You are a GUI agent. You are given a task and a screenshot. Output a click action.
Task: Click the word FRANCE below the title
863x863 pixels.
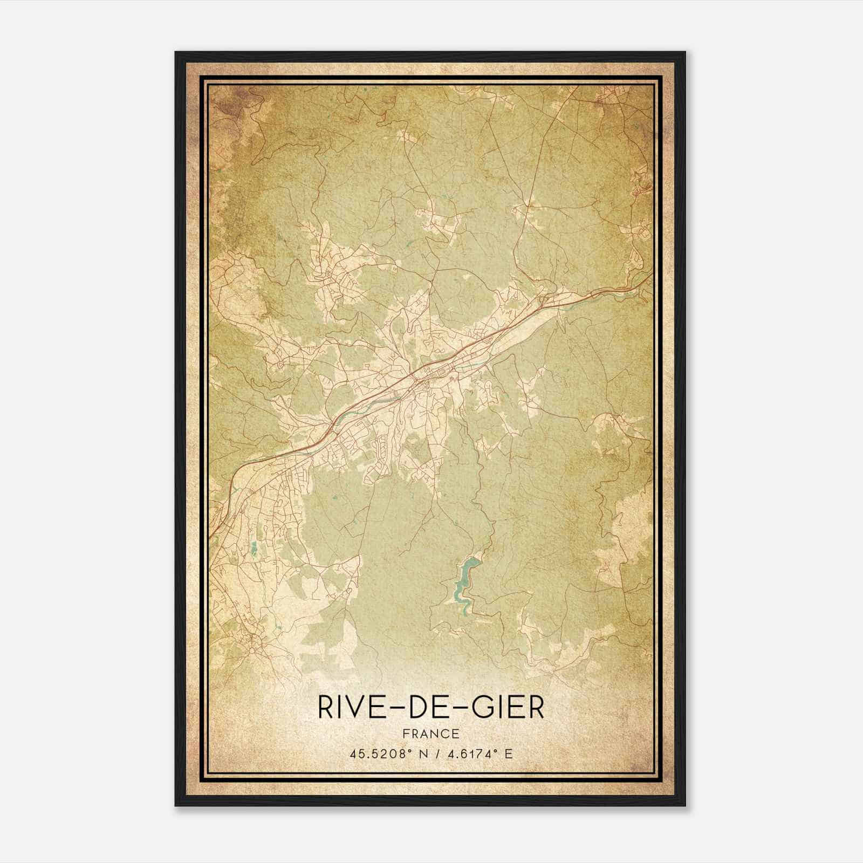click(431, 734)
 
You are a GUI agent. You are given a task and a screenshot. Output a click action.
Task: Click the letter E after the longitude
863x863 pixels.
click(509, 754)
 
